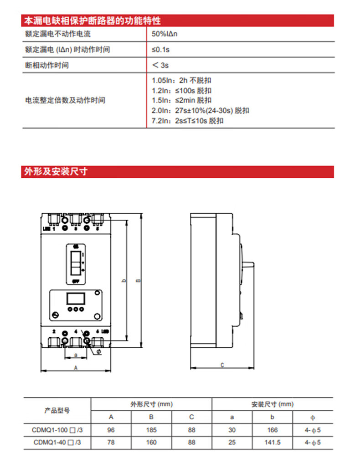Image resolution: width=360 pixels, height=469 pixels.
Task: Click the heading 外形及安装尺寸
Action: [56, 171]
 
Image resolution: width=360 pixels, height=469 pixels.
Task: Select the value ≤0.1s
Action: [160, 49]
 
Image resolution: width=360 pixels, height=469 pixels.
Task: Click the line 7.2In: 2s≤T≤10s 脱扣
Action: [187, 121]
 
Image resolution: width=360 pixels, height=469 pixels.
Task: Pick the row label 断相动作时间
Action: [47, 65]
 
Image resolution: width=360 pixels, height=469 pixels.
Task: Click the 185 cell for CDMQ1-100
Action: [151, 429]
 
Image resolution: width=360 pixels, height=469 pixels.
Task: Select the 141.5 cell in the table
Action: [272, 442]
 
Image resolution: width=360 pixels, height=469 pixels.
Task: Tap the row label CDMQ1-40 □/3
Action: [57, 442]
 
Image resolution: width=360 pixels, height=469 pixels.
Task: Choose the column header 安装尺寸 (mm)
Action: [272, 404]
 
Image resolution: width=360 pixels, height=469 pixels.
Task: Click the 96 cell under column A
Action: [111, 429]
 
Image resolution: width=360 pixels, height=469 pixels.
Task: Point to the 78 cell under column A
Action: [111, 442]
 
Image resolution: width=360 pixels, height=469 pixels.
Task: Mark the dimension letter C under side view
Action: [222, 364]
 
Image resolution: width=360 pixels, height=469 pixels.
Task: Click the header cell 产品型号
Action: [57, 410]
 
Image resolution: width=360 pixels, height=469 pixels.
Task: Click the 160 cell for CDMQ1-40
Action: [151, 442]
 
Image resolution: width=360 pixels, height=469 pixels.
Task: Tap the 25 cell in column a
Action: [232, 442]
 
